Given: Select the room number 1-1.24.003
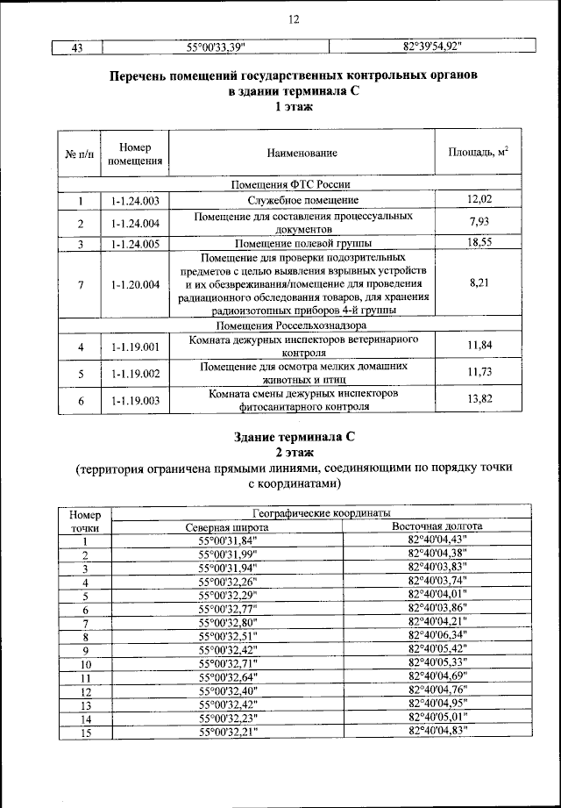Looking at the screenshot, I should pos(135,201).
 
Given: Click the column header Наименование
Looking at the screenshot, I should pos(302,154).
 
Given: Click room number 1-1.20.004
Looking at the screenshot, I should pos(135,284).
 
